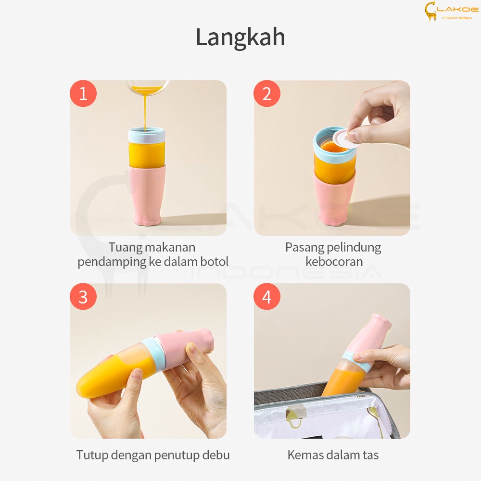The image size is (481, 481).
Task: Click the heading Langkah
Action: [240, 38]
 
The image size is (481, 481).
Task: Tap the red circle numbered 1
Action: [83, 94]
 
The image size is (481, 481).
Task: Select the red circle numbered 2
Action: [267, 94]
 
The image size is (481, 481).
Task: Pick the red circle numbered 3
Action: [83, 297]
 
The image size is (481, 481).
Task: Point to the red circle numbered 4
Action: [267, 297]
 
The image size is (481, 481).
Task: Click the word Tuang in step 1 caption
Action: [126, 248]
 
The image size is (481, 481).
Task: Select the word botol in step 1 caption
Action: [214, 262]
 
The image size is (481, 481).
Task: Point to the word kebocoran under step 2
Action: [334, 262]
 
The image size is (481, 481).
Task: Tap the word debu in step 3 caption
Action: [216, 455]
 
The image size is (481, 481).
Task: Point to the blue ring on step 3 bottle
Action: [155, 353]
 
